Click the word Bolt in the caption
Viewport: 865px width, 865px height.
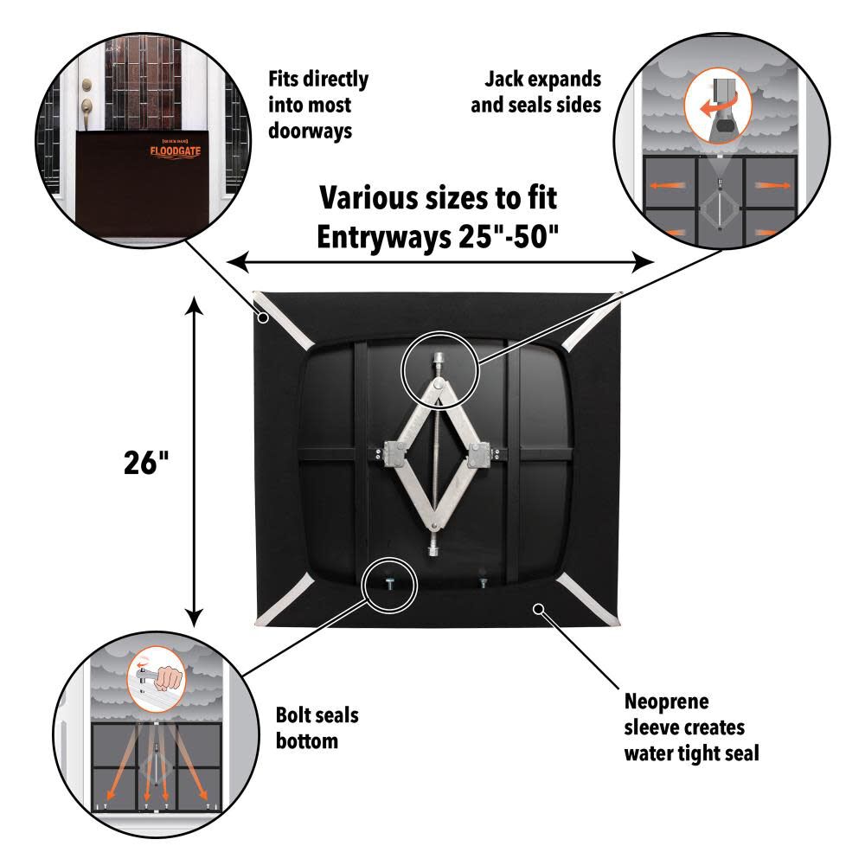(x=294, y=715)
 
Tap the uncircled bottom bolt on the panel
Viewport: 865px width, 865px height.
(x=482, y=581)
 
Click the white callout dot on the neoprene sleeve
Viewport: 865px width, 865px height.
(x=538, y=608)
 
